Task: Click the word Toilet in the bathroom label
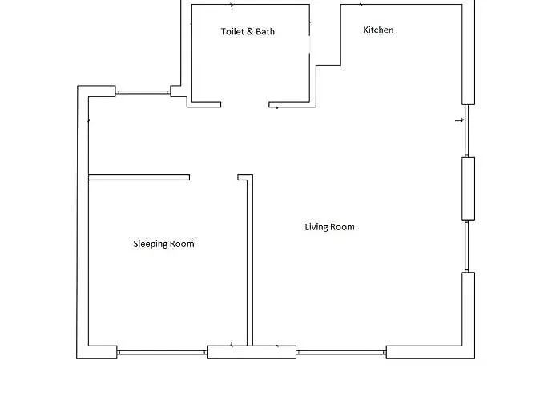(232, 31)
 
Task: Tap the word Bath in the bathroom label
(265, 31)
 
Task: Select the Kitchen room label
(378, 30)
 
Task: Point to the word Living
(316, 227)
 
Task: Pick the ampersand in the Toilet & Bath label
(249, 31)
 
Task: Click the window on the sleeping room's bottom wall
(162, 352)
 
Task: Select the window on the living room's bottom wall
(341, 352)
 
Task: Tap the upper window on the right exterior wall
(466, 131)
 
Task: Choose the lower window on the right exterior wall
(466, 246)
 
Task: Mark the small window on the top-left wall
(143, 93)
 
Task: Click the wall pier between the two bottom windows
(252, 352)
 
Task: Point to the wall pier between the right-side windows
(469, 188)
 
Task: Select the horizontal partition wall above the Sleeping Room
(139, 177)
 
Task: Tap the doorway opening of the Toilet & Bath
(244, 104)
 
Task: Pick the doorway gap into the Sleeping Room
(214, 177)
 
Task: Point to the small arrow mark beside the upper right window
(460, 120)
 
